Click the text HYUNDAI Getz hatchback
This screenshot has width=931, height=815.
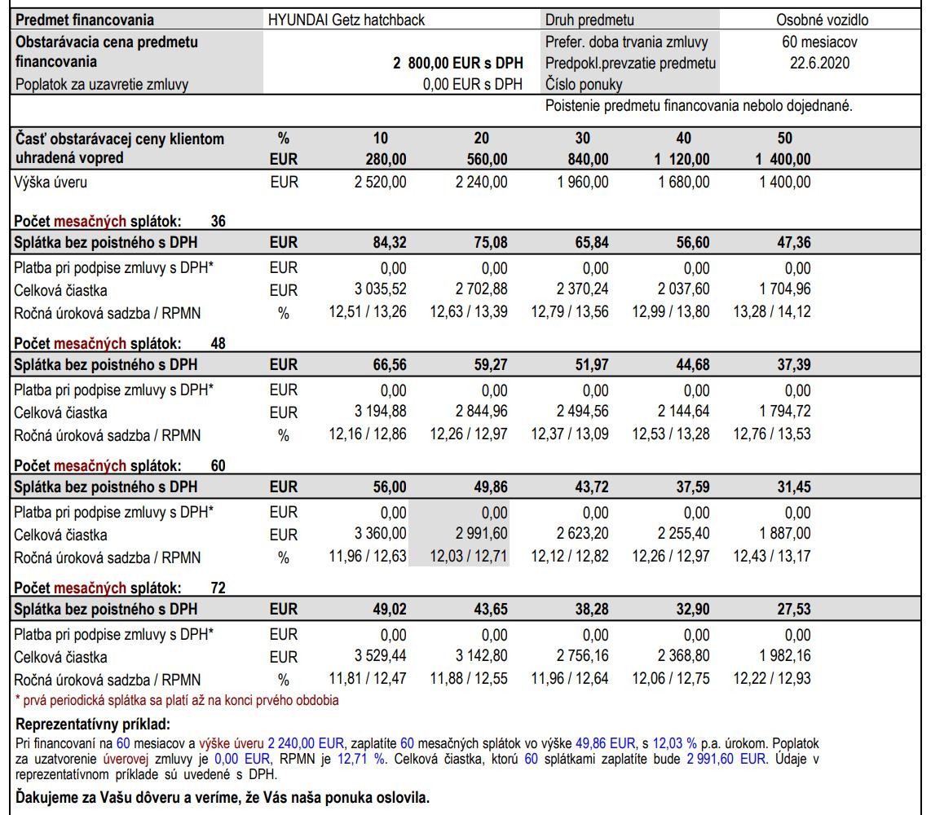[x=346, y=20]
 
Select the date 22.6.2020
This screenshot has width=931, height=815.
[x=820, y=63]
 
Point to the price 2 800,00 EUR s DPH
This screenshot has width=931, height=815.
[x=458, y=63]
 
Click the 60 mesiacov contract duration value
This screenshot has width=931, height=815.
[x=819, y=42]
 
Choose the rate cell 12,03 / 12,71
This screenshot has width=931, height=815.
[x=459, y=558]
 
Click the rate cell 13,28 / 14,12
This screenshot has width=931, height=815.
[x=772, y=312]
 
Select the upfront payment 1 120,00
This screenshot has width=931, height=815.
[x=682, y=159]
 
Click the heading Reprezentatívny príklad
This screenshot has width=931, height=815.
[x=92, y=725]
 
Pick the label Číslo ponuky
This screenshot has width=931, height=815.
[x=584, y=84]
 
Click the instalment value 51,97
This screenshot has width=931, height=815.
[x=591, y=365]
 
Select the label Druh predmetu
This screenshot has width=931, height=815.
[x=589, y=20]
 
